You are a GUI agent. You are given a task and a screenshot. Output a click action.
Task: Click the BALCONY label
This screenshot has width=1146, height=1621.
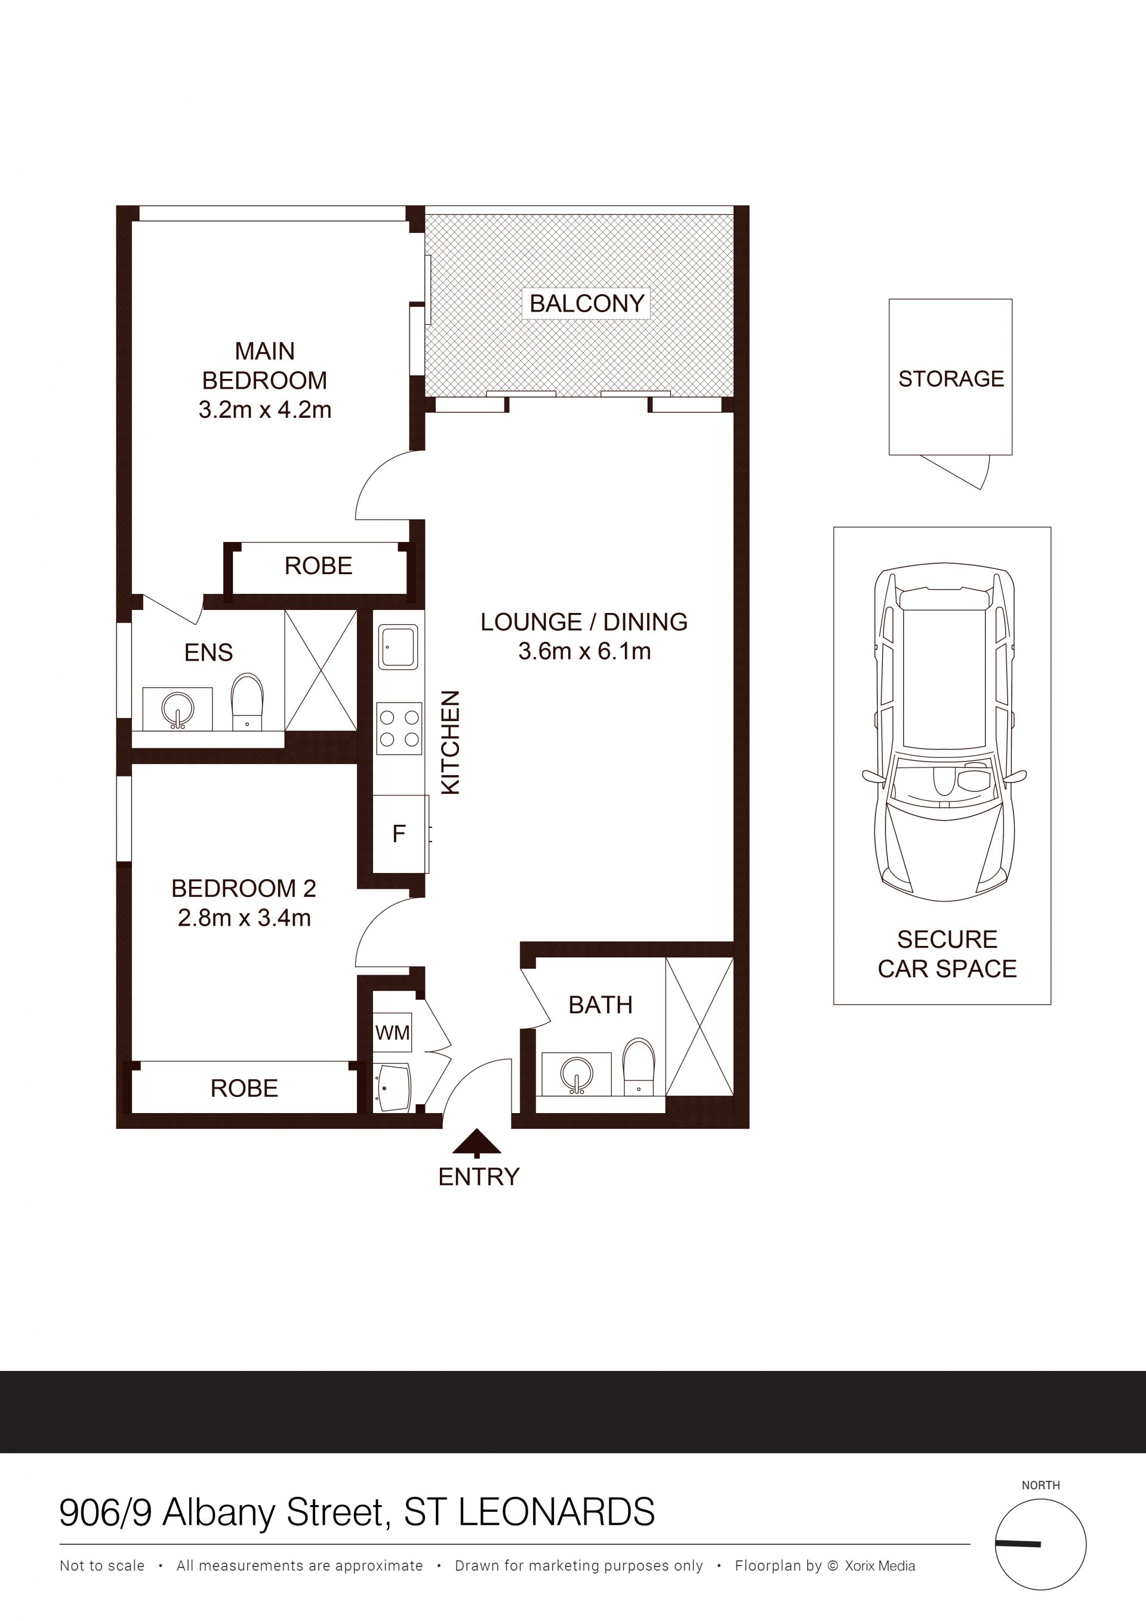point(587,304)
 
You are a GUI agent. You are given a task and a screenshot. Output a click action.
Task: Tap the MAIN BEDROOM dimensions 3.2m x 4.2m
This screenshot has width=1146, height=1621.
point(265,410)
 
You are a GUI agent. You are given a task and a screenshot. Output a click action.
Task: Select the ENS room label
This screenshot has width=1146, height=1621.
point(208,652)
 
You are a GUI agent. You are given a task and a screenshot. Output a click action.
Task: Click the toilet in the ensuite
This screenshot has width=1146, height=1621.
point(247,702)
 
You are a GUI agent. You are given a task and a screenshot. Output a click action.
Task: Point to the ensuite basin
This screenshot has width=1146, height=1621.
point(177,710)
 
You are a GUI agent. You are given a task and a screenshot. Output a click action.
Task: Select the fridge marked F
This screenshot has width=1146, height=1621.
point(400,834)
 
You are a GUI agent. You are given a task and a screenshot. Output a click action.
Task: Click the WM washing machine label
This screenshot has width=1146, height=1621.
point(393,1033)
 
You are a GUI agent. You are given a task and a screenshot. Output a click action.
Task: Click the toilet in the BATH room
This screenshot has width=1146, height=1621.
point(639,1067)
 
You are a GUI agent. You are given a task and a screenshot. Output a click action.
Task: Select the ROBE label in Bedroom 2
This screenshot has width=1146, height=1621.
point(244,1088)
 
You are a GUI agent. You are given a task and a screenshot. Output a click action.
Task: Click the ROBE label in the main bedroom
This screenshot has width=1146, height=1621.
point(319,566)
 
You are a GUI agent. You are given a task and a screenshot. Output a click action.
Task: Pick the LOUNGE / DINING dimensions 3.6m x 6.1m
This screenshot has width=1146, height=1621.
point(585,651)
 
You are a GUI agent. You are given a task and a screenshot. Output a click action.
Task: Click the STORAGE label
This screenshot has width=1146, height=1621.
point(951,379)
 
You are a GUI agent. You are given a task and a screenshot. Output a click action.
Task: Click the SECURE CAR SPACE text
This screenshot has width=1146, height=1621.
point(947,954)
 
